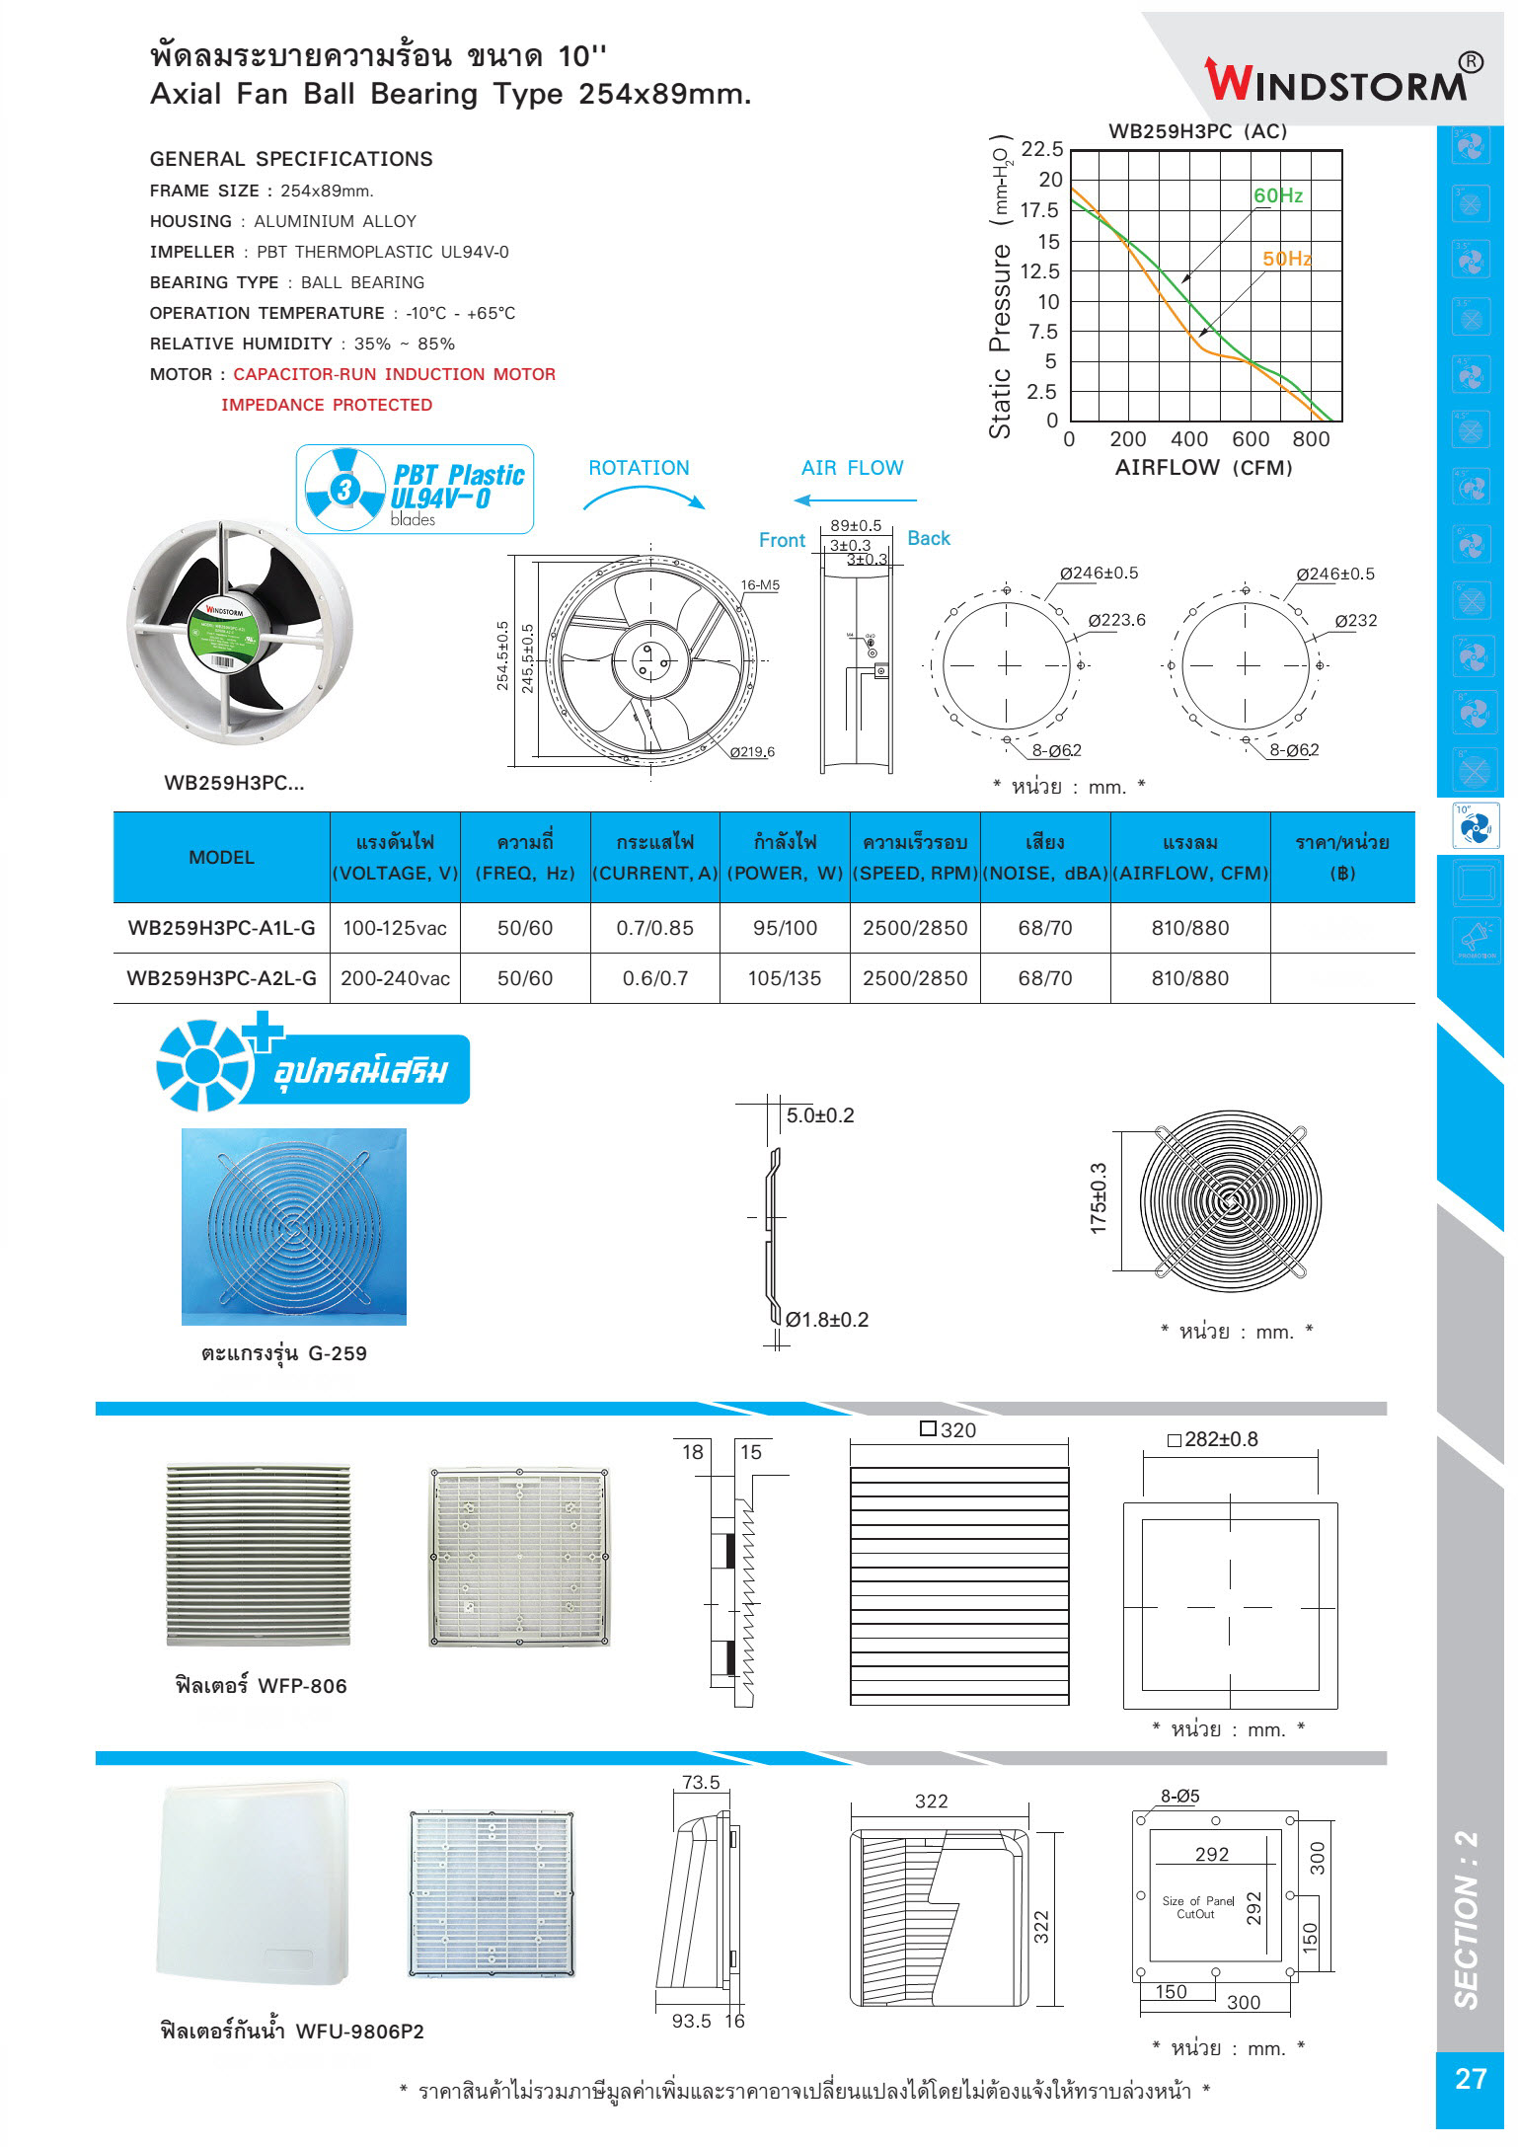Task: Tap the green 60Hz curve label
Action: (x=1278, y=195)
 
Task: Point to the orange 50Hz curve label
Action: (x=1287, y=259)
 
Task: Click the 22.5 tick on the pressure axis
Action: (x=1041, y=149)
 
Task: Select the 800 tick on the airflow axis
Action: (x=1311, y=439)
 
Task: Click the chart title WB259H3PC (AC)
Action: (x=1197, y=131)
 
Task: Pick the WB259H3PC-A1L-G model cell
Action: (x=221, y=928)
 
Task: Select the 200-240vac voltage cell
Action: (x=395, y=978)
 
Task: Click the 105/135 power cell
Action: (x=785, y=978)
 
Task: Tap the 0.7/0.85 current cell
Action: (x=654, y=928)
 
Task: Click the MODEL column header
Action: (x=221, y=857)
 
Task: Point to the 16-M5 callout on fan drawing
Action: (x=760, y=585)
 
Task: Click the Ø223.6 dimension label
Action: (x=1116, y=620)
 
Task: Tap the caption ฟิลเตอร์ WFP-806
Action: (x=262, y=1685)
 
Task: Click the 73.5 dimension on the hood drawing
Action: (x=701, y=1783)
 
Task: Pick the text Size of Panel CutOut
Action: (x=1197, y=1906)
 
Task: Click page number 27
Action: (x=1470, y=2079)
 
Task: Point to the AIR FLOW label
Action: (x=852, y=468)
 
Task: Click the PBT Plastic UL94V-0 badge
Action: (x=416, y=490)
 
